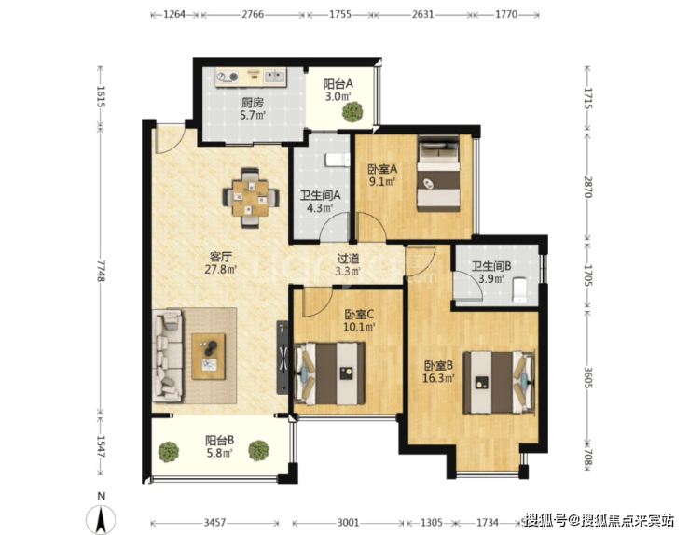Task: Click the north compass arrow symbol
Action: [x=102, y=519]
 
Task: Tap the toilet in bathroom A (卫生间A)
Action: [x=338, y=160]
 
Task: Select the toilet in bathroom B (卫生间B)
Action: [x=520, y=289]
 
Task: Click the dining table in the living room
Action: [x=251, y=198]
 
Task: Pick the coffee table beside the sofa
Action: [x=208, y=356]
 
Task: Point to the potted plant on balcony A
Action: [x=352, y=111]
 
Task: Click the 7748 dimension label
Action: [x=102, y=271]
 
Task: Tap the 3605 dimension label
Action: [x=588, y=377]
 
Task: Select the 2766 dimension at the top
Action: [x=253, y=15]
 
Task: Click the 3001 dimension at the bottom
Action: [x=348, y=523]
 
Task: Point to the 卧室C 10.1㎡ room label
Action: [x=359, y=320]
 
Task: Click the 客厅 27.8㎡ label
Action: [x=220, y=263]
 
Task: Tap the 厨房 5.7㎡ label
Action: [x=252, y=109]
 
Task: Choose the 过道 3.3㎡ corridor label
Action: [x=348, y=264]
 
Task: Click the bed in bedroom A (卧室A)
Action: [x=438, y=173]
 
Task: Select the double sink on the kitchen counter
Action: [x=274, y=77]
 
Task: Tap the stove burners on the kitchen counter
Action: [x=228, y=77]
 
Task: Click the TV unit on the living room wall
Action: [x=283, y=358]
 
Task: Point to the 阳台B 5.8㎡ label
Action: [x=219, y=446]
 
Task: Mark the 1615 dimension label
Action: [x=102, y=96]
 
